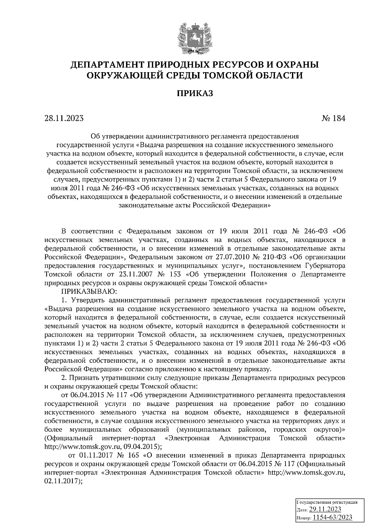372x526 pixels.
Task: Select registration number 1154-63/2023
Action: pos(332,517)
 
